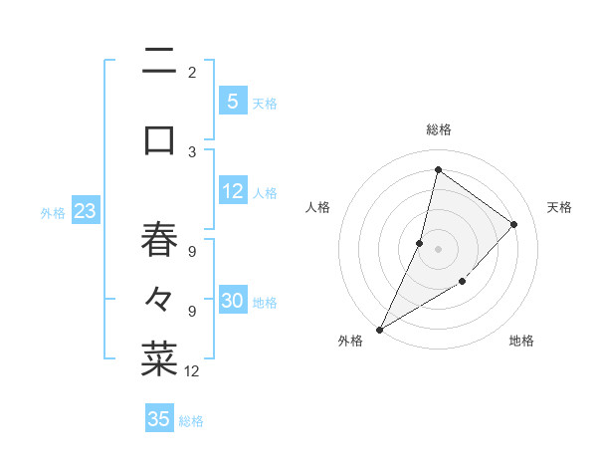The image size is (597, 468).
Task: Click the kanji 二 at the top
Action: pos(159,63)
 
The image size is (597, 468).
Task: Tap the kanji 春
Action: pos(159,240)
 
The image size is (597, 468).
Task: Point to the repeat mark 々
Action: pos(159,298)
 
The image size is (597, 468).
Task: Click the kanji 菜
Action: pos(159,358)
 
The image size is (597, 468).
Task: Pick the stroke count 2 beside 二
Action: pos(192,72)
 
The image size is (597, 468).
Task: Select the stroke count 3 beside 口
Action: pos(192,151)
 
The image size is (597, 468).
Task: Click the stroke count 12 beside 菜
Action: pos(193,371)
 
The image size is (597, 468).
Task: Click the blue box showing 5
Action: pos(233,101)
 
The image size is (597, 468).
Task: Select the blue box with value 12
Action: pos(233,192)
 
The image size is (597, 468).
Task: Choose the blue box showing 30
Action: pos(233,302)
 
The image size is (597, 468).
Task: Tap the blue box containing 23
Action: pos(85,211)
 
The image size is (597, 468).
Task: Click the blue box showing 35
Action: pos(159,419)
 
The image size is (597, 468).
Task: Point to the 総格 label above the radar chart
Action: pos(438,129)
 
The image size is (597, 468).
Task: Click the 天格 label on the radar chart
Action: pos(559,207)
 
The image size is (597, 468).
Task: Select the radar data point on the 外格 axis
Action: pos(379,330)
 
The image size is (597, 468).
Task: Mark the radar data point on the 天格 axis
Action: pos(514,224)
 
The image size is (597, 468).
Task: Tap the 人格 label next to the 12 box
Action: pos(265,193)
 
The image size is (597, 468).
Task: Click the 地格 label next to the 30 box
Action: pos(265,303)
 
